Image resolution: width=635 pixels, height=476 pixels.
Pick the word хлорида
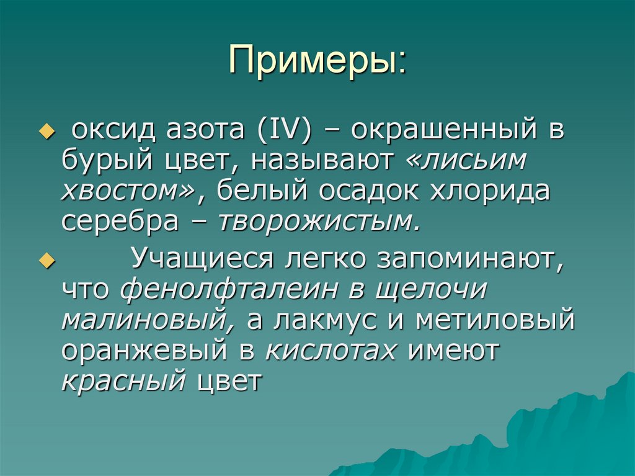coord(489,192)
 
